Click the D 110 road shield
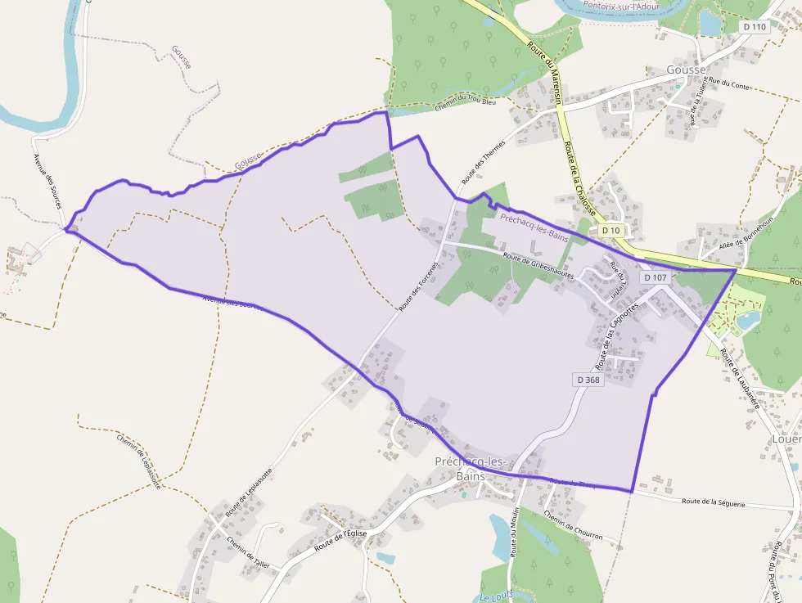coord(755,27)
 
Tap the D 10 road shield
coord(611,231)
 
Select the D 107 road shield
coord(656,277)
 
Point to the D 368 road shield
coord(588,380)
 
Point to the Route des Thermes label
coord(483,160)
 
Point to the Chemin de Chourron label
coord(573,529)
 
